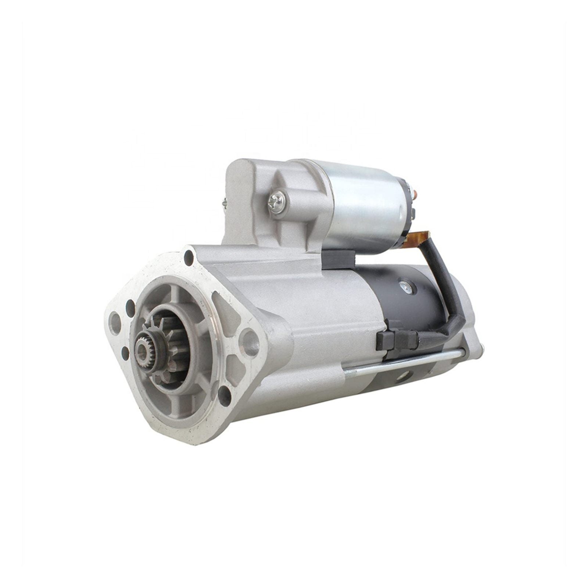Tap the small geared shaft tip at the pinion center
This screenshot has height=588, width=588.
coord(142,344)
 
